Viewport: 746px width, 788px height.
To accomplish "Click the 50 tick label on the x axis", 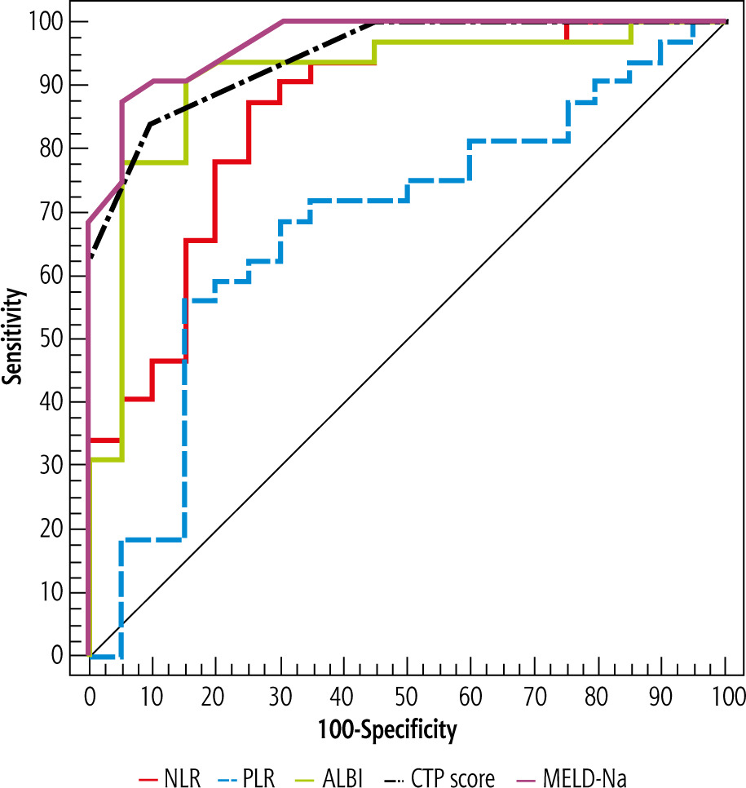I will [408, 696].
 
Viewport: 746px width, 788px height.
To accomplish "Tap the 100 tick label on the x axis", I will [726, 696].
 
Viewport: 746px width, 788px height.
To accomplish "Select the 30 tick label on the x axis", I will [280, 696].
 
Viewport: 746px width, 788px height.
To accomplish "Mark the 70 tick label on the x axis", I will [535, 696].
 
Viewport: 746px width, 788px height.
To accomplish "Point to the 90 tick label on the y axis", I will [58, 86].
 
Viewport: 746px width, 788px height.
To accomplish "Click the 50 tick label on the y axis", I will [58, 339].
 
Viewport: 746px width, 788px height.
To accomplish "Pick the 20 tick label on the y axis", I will [58, 529].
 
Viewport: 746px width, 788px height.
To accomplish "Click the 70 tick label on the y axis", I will [58, 212].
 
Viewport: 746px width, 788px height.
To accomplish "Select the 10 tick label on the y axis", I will [58, 592].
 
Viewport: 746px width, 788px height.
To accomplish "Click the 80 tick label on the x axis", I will [598, 696].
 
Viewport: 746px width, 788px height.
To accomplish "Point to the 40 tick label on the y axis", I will [58, 402].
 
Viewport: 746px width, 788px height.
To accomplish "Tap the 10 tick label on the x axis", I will [152, 696].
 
